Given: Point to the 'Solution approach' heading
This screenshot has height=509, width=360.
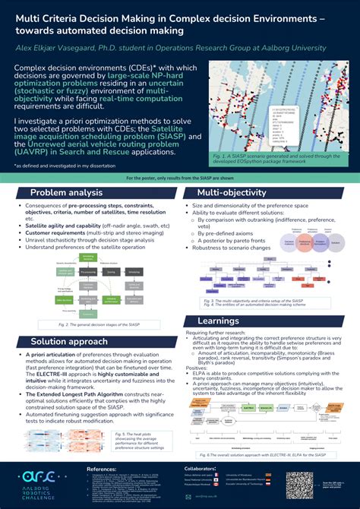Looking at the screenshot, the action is (x=70, y=341).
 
